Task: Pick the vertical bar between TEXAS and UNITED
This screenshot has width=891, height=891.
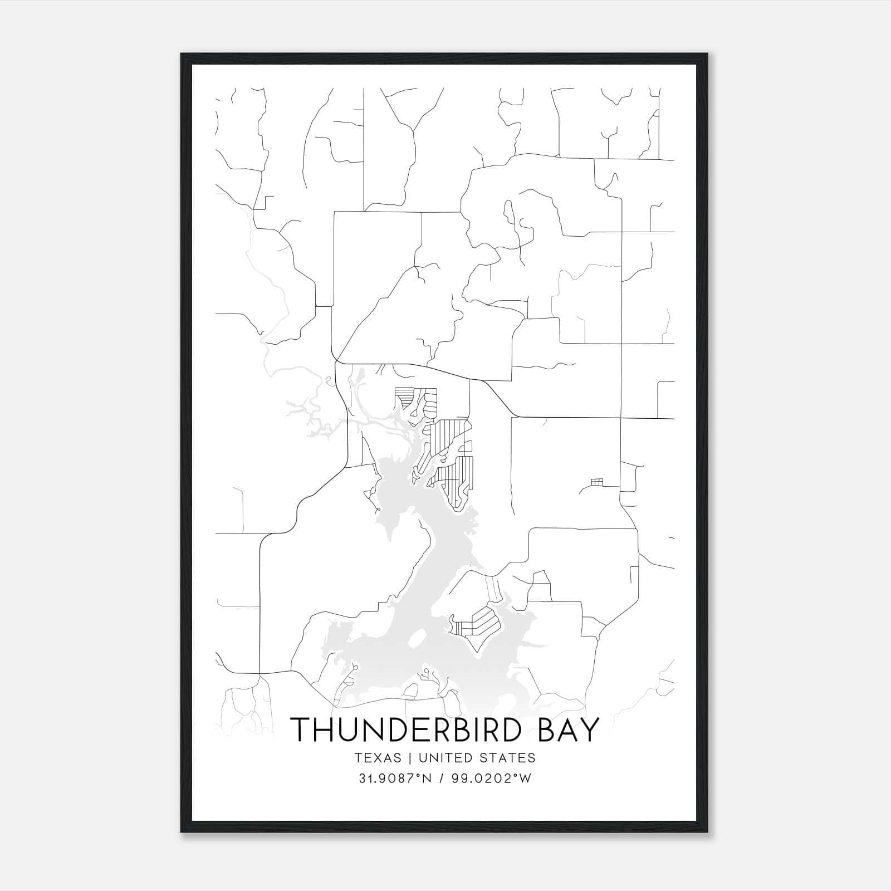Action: [x=410, y=758]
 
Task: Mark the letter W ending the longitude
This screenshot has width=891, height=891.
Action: [x=526, y=779]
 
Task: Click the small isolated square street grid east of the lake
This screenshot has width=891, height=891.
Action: [x=597, y=481]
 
